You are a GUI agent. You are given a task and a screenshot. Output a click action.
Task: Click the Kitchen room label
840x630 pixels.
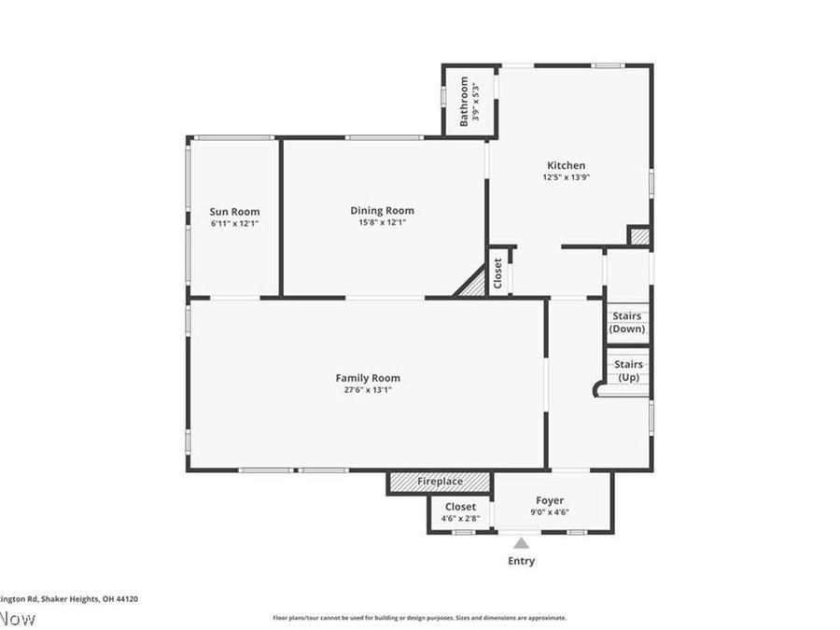point(566,165)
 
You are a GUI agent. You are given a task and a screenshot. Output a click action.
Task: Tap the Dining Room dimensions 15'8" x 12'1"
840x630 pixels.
point(382,222)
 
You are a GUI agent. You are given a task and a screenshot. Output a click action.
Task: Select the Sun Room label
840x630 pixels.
point(234,212)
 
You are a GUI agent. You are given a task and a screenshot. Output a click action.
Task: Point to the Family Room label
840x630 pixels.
point(368,378)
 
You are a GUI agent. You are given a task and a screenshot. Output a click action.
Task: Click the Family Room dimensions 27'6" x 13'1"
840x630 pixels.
point(368,390)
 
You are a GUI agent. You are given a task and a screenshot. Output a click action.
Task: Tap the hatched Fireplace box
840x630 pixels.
point(440,482)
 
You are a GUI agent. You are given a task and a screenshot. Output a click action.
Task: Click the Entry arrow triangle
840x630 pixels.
point(521,543)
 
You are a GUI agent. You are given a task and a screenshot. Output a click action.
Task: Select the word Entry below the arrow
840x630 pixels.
point(521,561)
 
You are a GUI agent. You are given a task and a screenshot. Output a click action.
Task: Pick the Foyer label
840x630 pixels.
point(549,500)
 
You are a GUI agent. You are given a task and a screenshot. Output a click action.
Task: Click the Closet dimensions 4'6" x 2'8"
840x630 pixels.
point(460,518)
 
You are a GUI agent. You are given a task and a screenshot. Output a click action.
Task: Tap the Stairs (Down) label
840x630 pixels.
point(627,323)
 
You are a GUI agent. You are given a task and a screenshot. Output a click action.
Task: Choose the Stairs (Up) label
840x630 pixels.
point(627,371)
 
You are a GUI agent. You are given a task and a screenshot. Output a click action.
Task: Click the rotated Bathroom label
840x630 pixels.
point(464,100)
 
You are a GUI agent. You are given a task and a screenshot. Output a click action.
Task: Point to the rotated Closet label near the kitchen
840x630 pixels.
point(498,273)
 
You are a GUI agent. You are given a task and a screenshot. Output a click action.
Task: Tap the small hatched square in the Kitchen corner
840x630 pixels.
point(639,237)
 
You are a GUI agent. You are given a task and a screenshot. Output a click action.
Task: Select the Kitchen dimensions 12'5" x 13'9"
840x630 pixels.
point(566,177)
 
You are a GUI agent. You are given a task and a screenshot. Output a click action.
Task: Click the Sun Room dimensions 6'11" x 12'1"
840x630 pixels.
point(234,224)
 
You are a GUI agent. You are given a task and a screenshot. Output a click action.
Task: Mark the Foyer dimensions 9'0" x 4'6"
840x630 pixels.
point(549,512)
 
